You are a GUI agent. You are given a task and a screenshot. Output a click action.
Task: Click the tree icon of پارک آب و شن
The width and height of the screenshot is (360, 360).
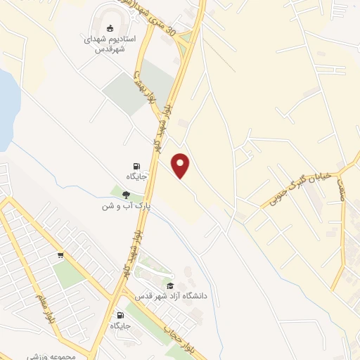[126, 195]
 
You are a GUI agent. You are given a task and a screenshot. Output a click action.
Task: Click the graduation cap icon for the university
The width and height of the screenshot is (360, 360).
[169, 285]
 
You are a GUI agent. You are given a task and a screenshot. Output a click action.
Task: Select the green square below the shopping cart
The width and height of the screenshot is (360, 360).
[67, 274]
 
